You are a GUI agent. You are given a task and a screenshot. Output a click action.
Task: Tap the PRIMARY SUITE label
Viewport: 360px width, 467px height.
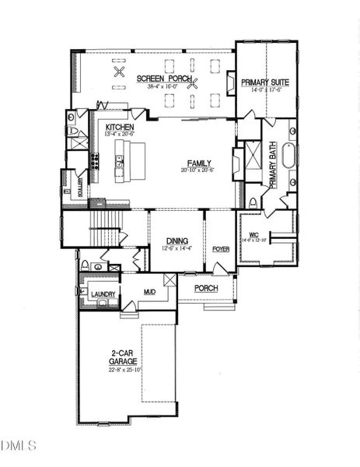265,82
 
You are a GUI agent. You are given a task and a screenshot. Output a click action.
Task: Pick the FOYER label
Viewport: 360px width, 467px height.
221,248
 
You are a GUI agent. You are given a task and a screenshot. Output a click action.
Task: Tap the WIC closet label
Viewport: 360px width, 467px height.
253,234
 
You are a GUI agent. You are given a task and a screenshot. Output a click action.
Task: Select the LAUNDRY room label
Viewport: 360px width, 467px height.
103,294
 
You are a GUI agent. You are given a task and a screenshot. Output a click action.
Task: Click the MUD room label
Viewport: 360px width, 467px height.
149,294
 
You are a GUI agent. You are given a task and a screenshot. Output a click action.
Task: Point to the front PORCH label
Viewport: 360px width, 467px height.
205,288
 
